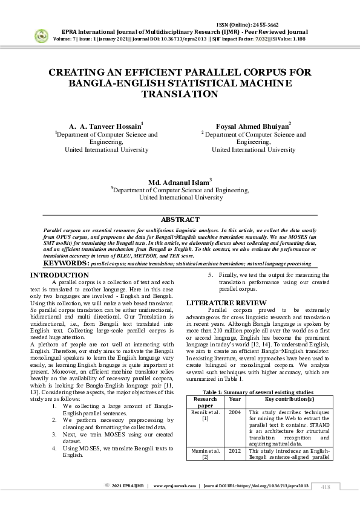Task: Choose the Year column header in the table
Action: click(235, 400)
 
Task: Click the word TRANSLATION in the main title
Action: click(179, 94)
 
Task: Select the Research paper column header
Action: click(205, 403)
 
